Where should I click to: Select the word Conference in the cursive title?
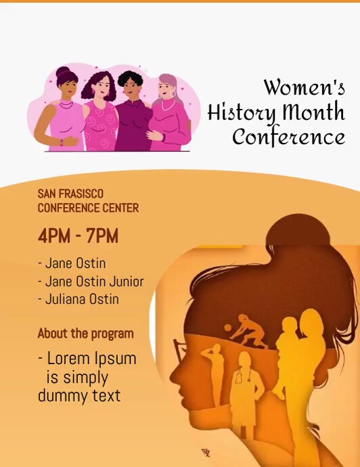tap(288, 136)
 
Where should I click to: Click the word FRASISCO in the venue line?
tap(81, 194)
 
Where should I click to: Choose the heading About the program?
tap(85, 333)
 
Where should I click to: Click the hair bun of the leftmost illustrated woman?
tap(64, 72)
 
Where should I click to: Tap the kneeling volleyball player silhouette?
tap(248, 331)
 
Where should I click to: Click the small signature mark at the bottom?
tap(205, 452)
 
